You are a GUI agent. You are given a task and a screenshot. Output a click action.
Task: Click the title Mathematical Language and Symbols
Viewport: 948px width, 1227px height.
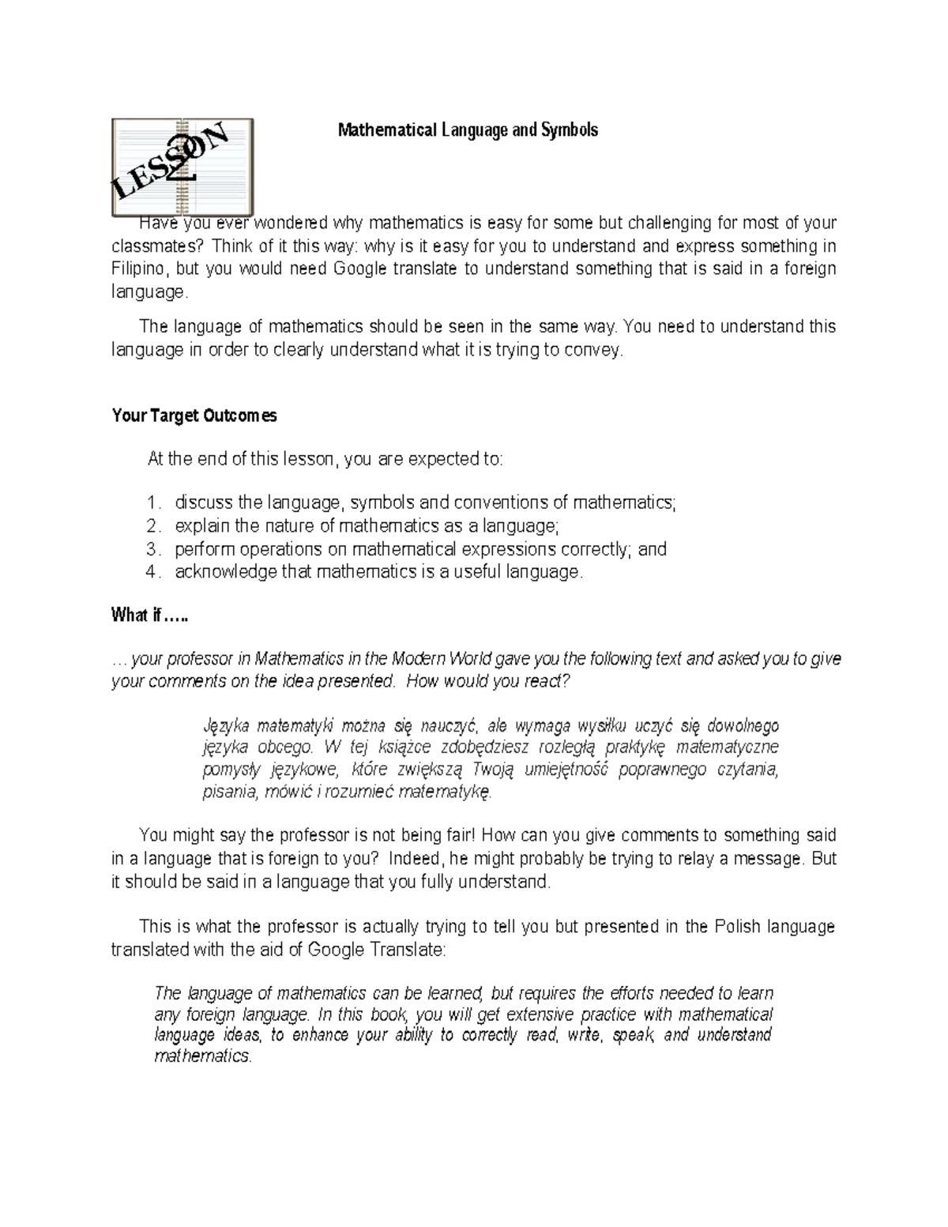tap(468, 130)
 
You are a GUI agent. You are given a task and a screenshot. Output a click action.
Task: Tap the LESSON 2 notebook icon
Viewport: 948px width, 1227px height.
tap(182, 167)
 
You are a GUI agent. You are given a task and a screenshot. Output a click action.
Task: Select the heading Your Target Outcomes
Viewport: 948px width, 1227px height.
tap(194, 416)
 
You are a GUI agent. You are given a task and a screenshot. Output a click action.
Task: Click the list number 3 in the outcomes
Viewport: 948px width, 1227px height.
tap(152, 549)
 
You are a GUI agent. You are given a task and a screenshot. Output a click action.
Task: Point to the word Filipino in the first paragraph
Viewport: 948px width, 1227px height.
tap(139, 269)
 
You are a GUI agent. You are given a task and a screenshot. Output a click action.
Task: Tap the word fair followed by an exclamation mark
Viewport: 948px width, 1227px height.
tap(459, 835)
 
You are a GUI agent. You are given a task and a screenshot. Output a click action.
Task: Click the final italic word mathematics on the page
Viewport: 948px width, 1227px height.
tap(202, 1056)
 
